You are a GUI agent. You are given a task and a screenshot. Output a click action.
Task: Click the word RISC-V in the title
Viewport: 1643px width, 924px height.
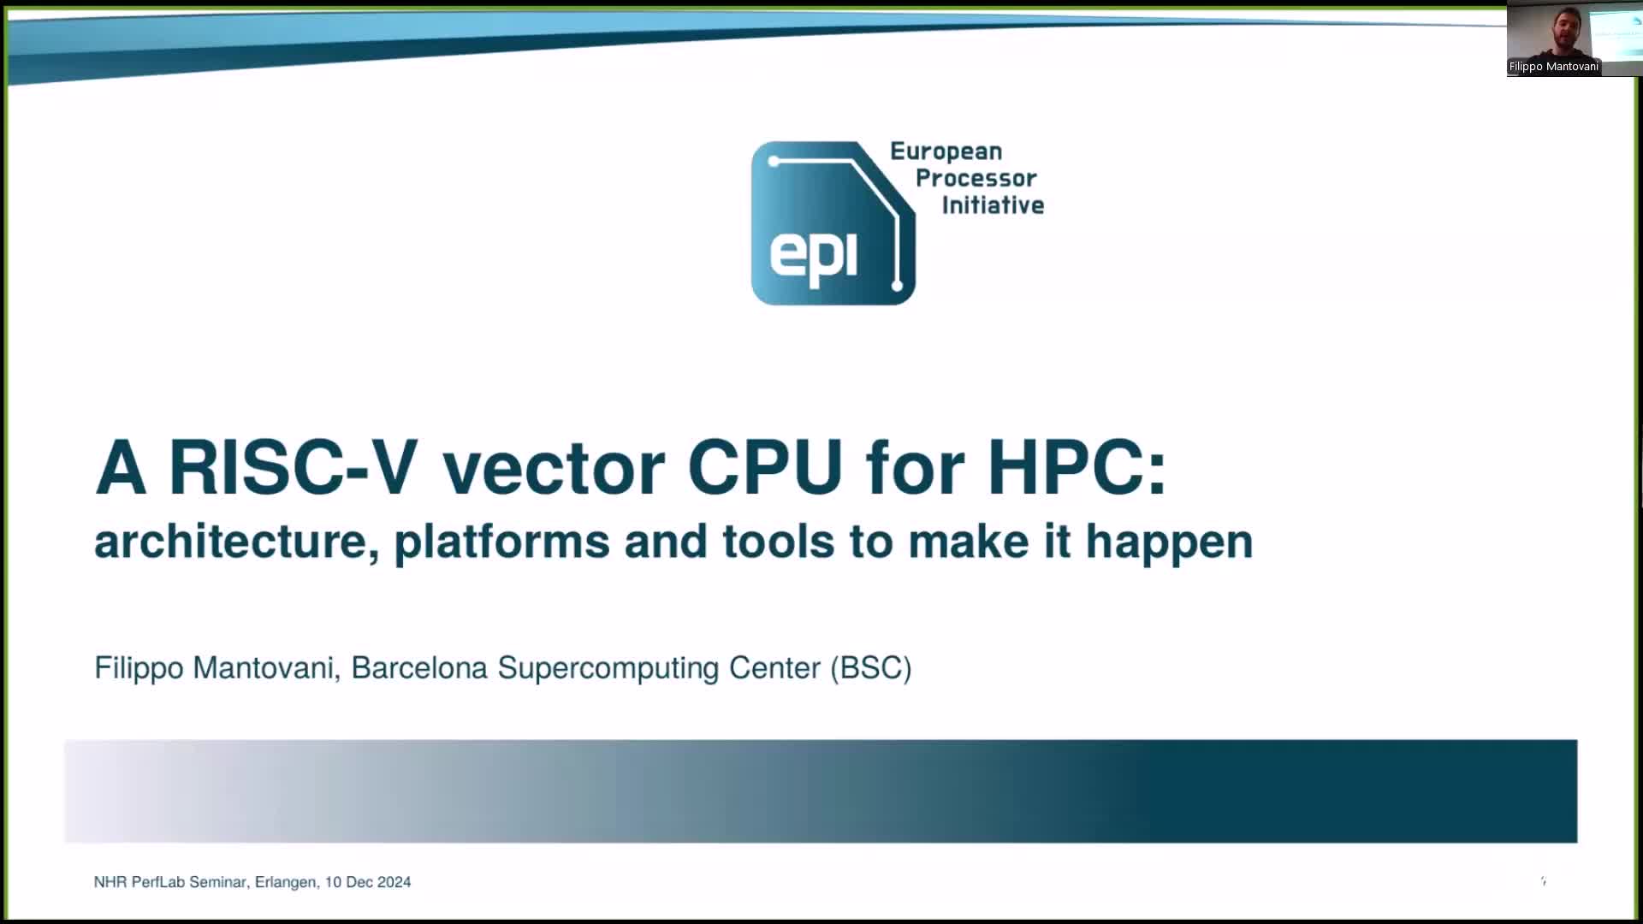click(x=293, y=467)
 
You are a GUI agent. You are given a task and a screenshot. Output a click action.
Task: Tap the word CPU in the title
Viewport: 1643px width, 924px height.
click(x=766, y=467)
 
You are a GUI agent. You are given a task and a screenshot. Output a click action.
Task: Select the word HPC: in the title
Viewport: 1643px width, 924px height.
click(x=1077, y=467)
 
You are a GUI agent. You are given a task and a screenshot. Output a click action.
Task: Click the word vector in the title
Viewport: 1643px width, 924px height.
click(x=553, y=469)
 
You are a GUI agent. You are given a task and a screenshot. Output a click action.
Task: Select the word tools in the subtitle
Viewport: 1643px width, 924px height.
click(x=778, y=542)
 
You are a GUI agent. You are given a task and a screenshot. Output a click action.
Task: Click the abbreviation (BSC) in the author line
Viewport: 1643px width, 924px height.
click(x=871, y=668)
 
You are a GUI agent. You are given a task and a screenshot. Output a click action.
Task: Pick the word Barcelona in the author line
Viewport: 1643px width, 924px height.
click(x=419, y=667)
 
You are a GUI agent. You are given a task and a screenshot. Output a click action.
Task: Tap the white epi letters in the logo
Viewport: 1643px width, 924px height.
click(x=813, y=256)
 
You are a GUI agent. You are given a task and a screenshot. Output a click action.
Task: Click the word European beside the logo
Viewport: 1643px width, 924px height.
click(x=946, y=152)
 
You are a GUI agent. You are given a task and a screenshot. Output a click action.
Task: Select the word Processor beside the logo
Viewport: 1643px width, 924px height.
click(x=976, y=178)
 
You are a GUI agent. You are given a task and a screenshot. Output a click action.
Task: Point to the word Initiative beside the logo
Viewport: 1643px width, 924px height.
click(x=993, y=204)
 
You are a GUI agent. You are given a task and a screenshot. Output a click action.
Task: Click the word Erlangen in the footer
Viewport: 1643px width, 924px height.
click(x=287, y=882)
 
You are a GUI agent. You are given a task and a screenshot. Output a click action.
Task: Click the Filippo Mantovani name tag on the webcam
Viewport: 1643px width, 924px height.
click(x=1553, y=67)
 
